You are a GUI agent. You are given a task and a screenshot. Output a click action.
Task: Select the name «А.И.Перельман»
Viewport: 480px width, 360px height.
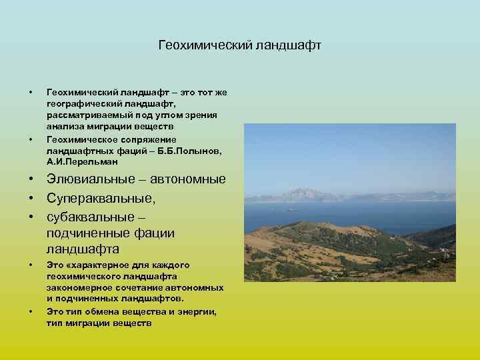click(82, 161)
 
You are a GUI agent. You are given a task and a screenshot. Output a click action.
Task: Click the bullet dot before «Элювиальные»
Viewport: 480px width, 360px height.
click(31, 179)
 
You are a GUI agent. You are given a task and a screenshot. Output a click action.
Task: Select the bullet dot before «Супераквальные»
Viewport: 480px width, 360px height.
click(31, 198)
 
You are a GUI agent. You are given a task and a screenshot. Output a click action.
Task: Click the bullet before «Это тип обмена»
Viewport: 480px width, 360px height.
click(31, 311)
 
